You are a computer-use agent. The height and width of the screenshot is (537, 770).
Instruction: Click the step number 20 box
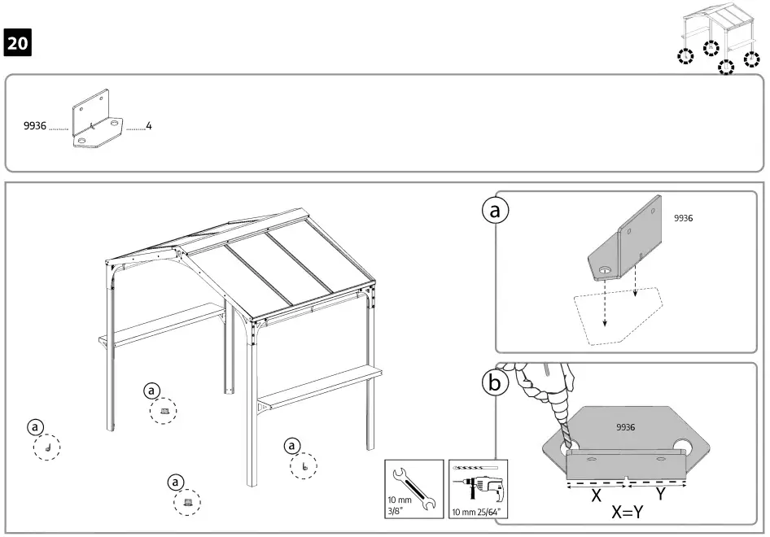[18, 43]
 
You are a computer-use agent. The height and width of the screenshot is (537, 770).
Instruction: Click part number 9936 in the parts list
[35, 127]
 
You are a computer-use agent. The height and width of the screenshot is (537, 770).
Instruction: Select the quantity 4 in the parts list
[148, 127]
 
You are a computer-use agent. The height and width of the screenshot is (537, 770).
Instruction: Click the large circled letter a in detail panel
[493, 211]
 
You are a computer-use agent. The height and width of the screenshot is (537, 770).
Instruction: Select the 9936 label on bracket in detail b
[625, 426]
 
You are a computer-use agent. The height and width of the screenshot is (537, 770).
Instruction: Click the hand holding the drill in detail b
[537, 382]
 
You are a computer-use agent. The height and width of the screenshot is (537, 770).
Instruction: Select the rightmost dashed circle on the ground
[304, 466]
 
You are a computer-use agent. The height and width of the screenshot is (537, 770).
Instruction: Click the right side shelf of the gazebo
[322, 386]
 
